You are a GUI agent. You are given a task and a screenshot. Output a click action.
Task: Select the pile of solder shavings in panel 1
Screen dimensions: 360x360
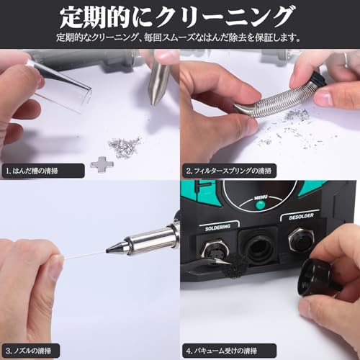tap(124, 147)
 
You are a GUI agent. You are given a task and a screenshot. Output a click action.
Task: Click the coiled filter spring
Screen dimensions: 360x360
tap(274, 96)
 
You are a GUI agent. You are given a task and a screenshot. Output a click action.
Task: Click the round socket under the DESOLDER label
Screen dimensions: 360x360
tap(301, 249)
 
